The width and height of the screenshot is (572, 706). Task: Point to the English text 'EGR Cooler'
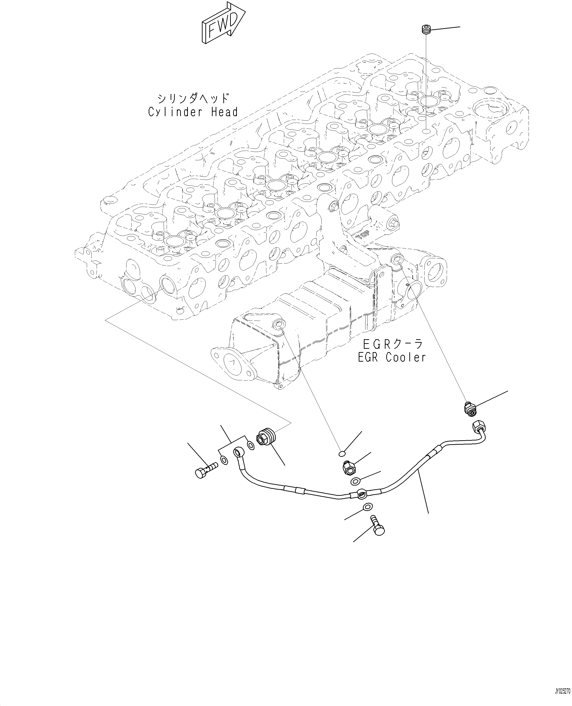click(392, 357)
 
